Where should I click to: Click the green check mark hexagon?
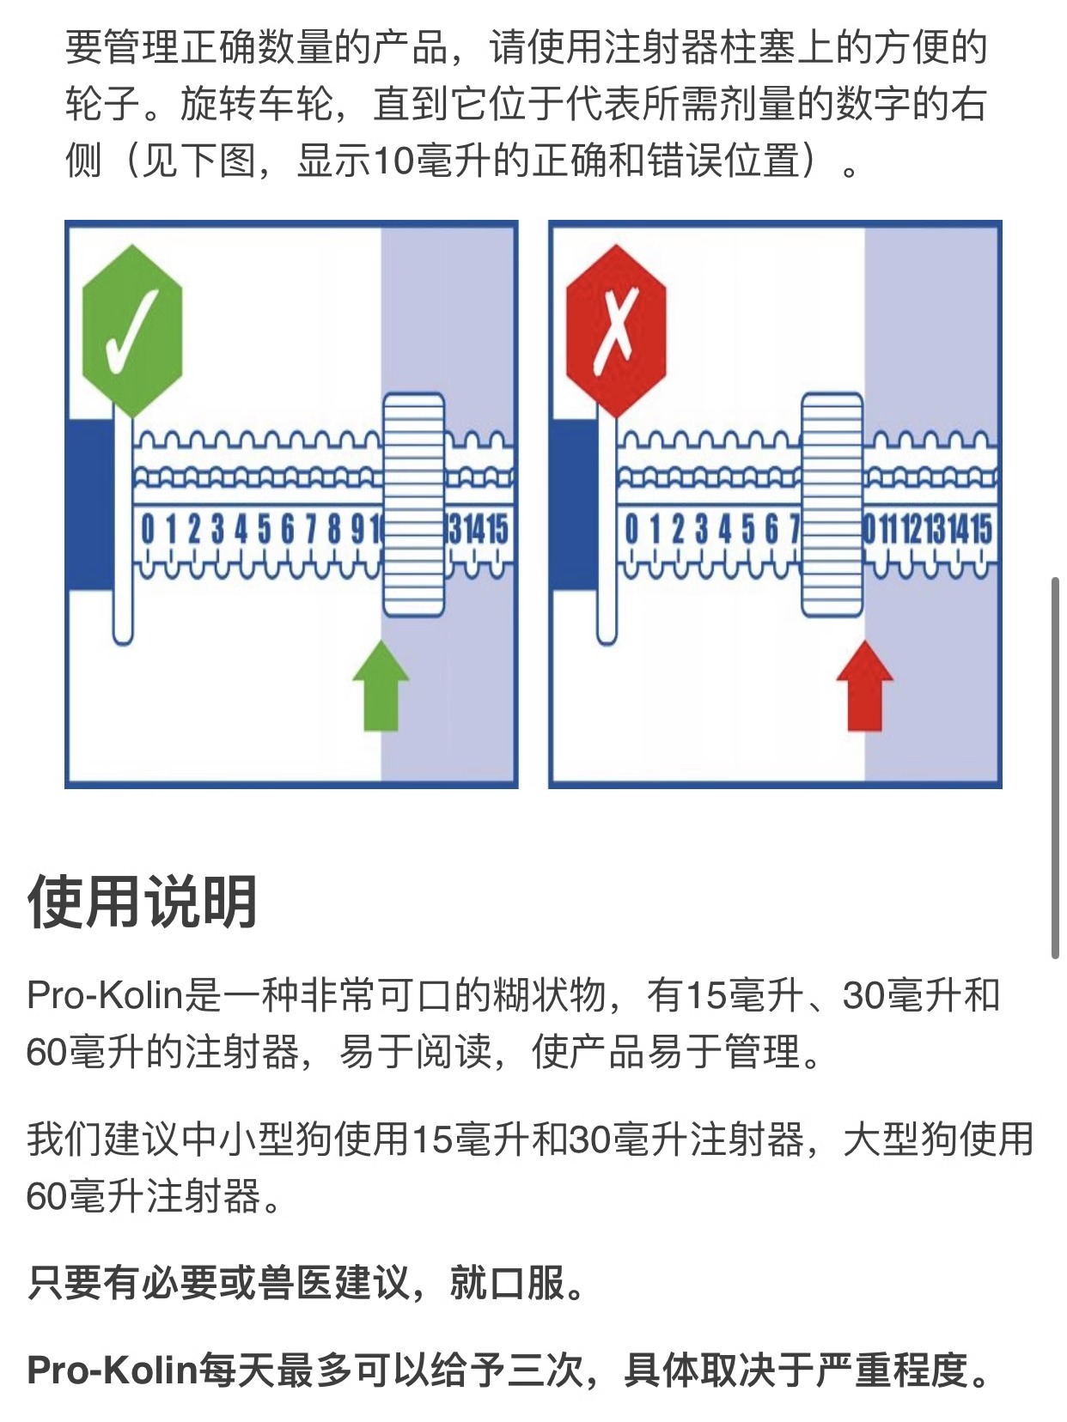[x=132, y=331]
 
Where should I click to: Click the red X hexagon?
[x=615, y=331]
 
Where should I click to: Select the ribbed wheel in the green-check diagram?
[x=413, y=504]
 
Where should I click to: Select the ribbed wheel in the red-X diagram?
[x=832, y=504]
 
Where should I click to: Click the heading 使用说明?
[x=143, y=902]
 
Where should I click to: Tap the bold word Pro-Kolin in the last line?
[x=113, y=1370]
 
